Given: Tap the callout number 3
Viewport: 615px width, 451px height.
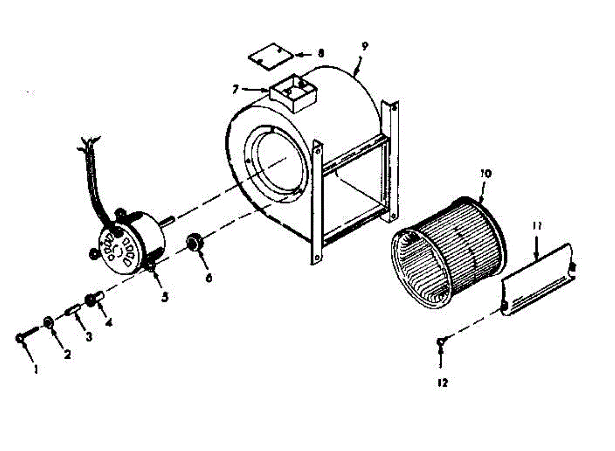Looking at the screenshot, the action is tap(89, 337).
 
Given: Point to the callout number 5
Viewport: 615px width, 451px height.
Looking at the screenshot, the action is tap(165, 297).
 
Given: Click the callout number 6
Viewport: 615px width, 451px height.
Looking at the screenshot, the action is tap(208, 278).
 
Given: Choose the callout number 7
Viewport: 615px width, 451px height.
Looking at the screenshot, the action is tap(235, 90).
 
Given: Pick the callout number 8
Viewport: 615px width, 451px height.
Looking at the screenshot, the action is tap(321, 53).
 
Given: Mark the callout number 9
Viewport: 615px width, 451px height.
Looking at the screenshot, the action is tap(364, 46).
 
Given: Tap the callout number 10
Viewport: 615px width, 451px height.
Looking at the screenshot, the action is tap(485, 173).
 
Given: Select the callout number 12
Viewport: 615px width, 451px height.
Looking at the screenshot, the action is tap(442, 382).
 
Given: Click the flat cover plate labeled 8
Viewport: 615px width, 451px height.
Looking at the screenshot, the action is tap(270, 56).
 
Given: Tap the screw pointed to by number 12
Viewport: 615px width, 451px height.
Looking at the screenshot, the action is tap(440, 341).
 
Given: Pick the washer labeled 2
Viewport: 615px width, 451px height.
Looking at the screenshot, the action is tap(49, 323).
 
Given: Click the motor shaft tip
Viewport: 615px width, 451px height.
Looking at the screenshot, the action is tap(174, 220).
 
